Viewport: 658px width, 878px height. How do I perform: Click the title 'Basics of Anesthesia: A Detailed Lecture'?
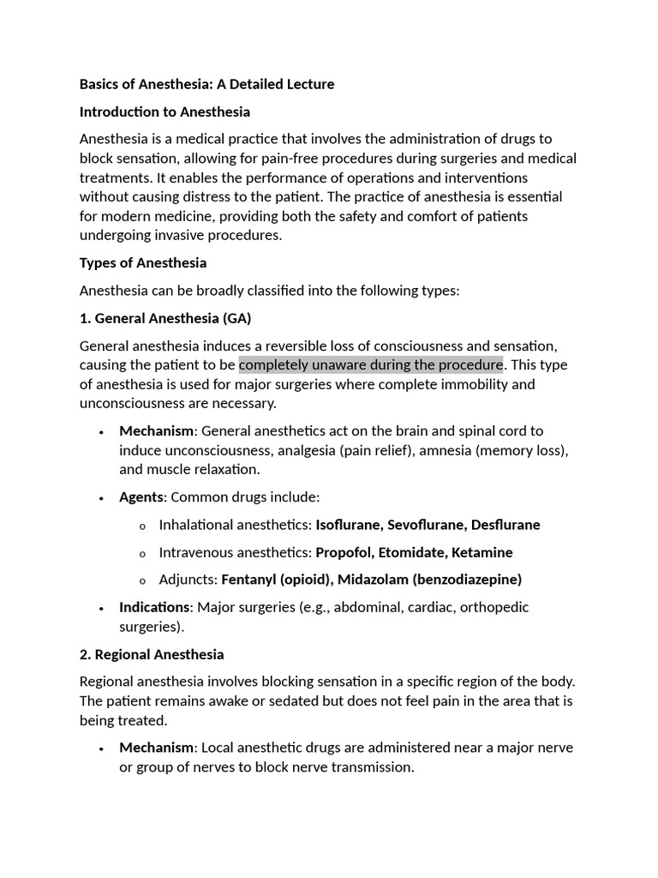coord(206,84)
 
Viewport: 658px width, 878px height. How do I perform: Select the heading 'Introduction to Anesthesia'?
coord(164,111)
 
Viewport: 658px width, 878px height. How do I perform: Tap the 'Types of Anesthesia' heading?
coord(143,262)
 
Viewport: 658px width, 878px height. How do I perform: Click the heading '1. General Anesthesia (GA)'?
coord(165,318)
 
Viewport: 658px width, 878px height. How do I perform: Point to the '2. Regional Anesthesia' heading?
coord(152,654)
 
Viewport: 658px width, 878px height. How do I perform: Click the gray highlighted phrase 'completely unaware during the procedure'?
coord(370,365)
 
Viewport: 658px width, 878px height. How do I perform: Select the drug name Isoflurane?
coord(349,525)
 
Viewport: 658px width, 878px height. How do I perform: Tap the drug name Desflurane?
coord(505,525)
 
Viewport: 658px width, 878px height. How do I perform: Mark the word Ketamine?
coord(482,552)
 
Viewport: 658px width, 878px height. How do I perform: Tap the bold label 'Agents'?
coord(141,497)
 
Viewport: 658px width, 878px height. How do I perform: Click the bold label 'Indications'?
coord(154,607)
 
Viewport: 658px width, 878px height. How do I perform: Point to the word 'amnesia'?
coord(440,450)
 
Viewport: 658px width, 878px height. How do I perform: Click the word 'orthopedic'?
coord(494,607)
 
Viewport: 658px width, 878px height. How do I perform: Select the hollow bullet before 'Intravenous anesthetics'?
coord(141,553)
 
